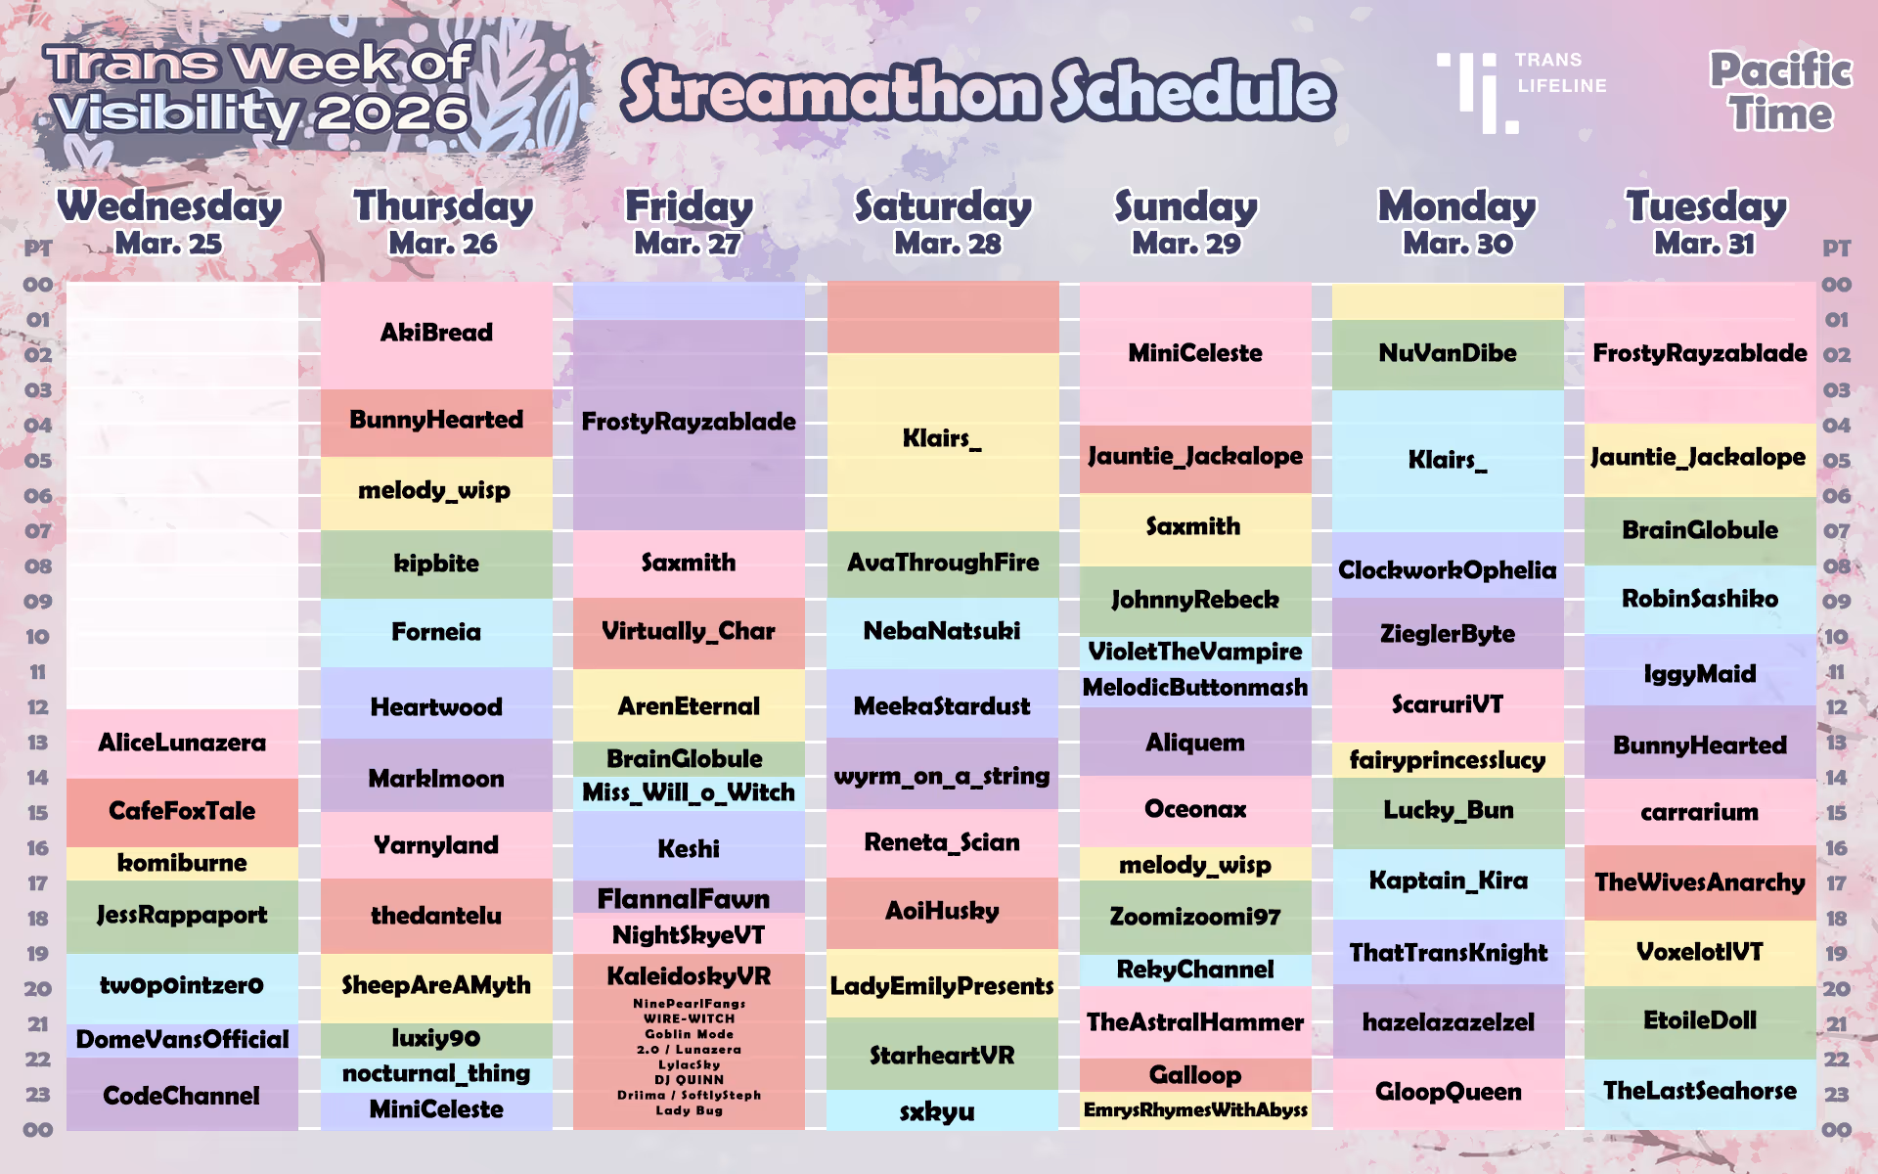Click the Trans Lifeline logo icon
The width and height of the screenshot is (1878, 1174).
point(1478,92)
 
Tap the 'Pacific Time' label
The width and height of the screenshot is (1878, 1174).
point(1780,92)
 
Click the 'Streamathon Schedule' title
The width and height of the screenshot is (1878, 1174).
point(977,91)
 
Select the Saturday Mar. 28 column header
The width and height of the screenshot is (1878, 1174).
point(944,222)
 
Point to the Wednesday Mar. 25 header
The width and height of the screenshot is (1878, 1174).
point(169,222)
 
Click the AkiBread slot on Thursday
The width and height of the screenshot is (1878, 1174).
point(436,334)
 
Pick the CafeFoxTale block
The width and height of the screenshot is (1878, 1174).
point(182,811)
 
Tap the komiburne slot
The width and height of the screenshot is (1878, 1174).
point(182,863)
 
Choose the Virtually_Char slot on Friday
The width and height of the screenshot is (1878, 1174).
point(689,632)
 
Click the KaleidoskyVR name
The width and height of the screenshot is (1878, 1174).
point(689,976)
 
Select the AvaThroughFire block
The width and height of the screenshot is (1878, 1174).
point(942,563)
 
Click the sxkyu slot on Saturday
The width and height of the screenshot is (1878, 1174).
point(937,1111)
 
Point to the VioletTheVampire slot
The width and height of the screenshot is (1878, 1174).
point(1194,652)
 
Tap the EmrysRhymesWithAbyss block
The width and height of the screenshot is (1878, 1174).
point(1194,1110)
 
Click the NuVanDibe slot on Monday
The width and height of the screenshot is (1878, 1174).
point(1447,353)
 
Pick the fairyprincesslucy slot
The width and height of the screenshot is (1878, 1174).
point(1447,760)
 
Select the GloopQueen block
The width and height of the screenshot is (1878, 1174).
point(1448,1092)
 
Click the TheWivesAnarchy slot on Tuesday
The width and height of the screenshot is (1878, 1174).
point(1699,882)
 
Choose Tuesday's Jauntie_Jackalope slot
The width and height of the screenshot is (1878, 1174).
point(1698,458)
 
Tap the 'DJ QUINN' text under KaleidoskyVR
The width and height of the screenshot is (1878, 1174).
point(689,1080)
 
